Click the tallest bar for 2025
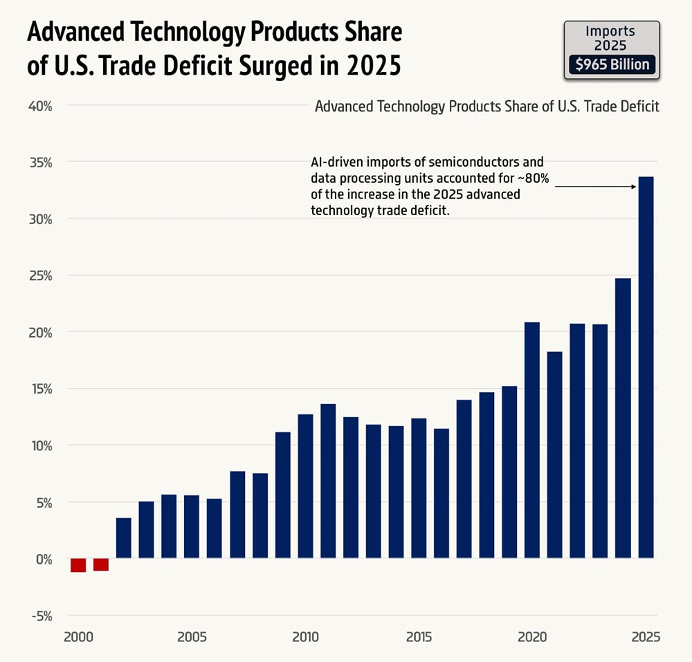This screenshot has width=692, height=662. pyautogui.click(x=646, y=367)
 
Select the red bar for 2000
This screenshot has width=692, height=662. pyautogui.click(x=78, y=564)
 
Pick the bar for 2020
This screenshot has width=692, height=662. pyautogui.click(x=532, y=440)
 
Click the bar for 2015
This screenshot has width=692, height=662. pyautogui.click(x=419, y=488)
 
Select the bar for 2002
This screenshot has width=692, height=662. pyautogui.click(x=124, y=537)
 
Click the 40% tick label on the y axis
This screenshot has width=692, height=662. pyautogui.click(x=41, y=106)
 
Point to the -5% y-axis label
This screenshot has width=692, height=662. pyautogui.click(x=41, y=616)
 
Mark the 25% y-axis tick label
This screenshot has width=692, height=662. pyautogui.click(x=41, y=276)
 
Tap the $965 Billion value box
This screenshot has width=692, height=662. pyautogui.click(x=612, y=65)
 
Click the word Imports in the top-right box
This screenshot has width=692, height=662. pyautogui.click(x=610, y=30)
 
